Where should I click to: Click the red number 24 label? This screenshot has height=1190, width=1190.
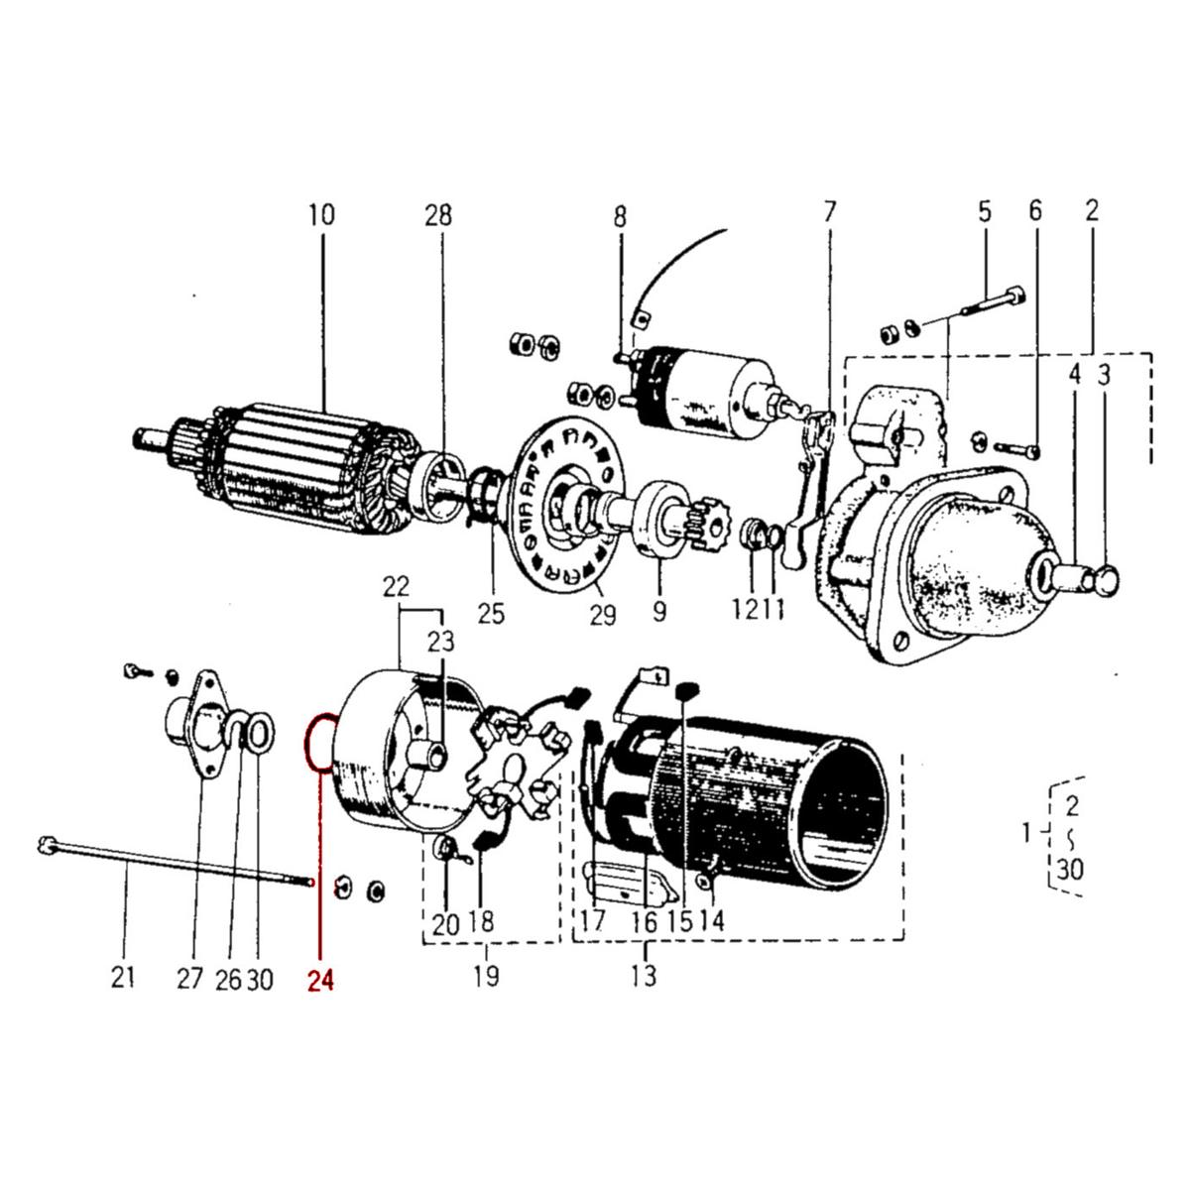[x=320, y=980]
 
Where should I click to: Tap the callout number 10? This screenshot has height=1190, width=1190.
[x=321, y=214]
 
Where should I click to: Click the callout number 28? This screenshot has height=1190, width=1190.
[x=438, y=214]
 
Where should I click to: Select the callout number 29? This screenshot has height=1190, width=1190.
[x=602, y=615]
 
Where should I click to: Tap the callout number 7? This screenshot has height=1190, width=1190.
[x=829, y=211]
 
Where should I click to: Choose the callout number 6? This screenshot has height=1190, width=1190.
[x=1035, y=210]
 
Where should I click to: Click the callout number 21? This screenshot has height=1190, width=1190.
[x=122, y=980]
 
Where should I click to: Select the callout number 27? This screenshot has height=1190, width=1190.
[x=190, y=980]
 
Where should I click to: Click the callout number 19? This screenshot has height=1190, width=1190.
[x=486, y=976]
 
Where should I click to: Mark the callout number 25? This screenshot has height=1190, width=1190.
[x=491, y=615]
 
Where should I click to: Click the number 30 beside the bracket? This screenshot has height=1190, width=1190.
[x=1069, y=870]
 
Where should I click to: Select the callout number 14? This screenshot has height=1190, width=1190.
[x=711, y=920]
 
